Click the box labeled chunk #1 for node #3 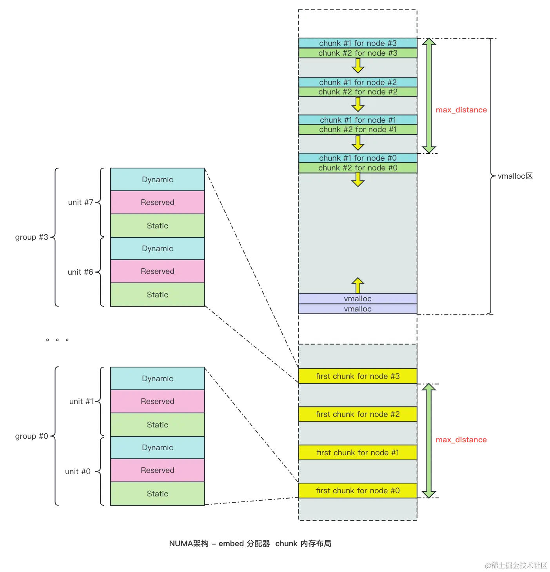point(358,43)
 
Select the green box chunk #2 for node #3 point(358,53)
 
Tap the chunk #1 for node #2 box point(358,82)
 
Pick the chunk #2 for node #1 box point(358,130)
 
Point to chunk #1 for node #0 point(358,158)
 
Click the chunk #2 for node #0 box point(358,168)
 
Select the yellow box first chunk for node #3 point(358,376)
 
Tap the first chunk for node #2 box point(358,414)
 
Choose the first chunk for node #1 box point(358,453)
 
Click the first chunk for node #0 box point(358,491)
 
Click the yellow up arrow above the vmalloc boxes point(358,285)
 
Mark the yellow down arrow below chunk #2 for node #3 point(358,66)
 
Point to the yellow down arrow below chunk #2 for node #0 point(358,179)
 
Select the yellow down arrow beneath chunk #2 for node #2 point(358,104)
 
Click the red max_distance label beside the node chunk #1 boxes point(461,110)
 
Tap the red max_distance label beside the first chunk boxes point(461,440)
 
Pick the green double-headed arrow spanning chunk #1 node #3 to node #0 point(429,95)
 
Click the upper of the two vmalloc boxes point(358,299)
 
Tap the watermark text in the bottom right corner point(515,565)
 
